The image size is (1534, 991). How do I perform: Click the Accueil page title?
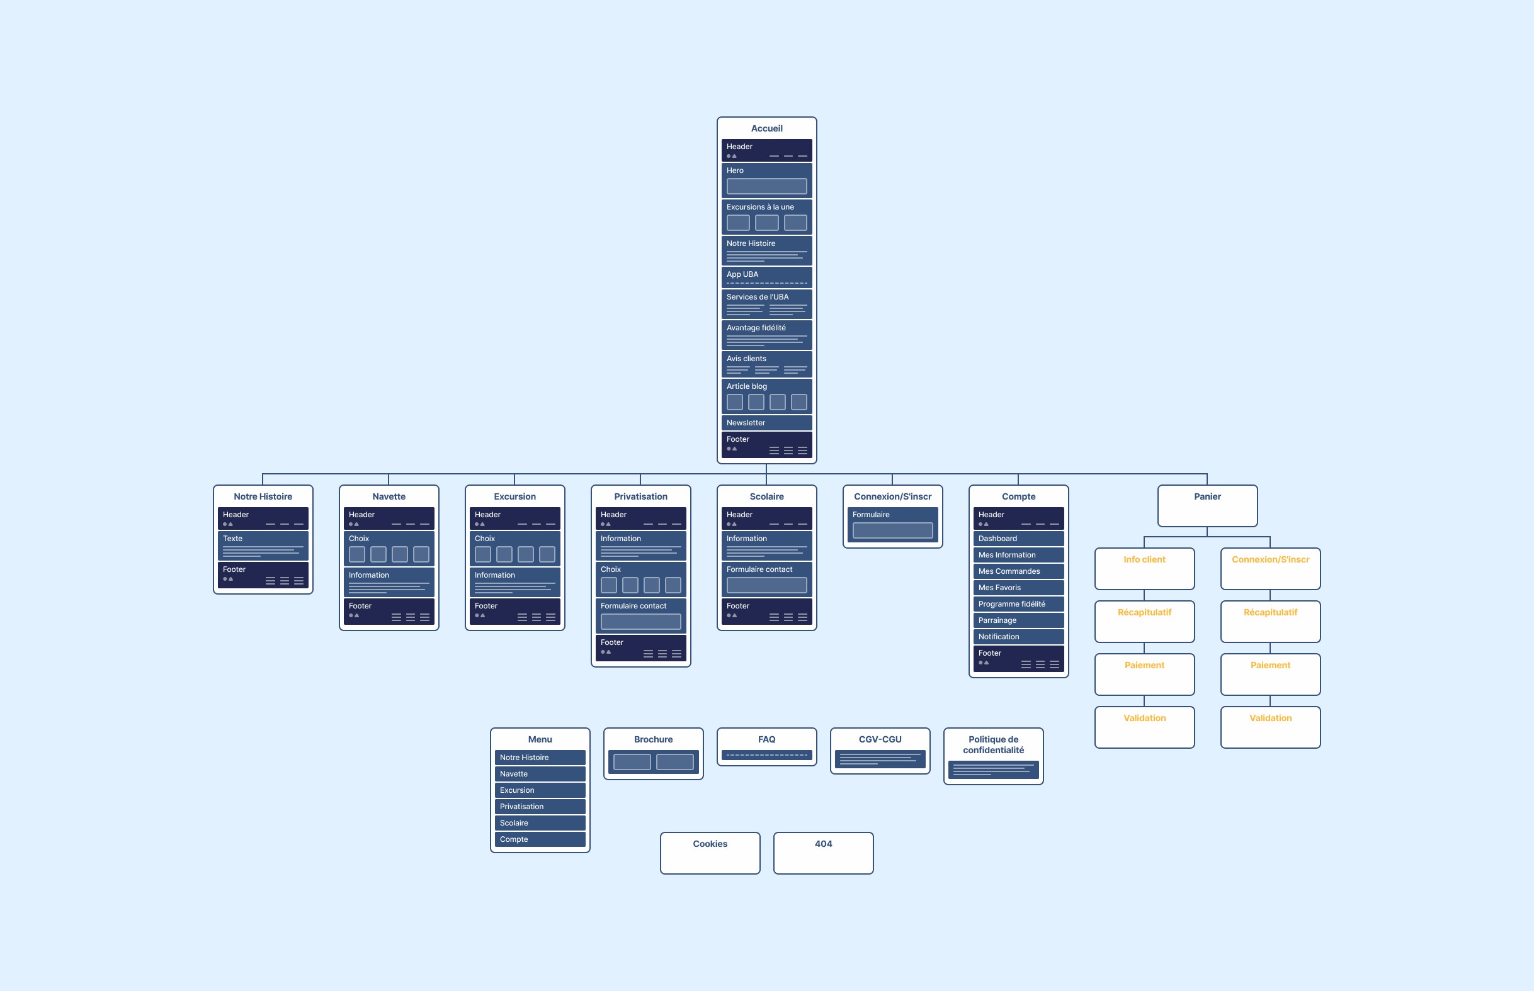766,129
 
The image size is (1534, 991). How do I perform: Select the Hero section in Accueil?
766,180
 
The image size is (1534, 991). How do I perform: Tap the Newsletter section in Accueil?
766,423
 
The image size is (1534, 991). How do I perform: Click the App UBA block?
766,277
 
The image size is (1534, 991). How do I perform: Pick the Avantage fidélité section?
766,334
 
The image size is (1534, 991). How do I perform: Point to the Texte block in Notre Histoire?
263,545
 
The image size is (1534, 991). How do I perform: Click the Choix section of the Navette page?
389,547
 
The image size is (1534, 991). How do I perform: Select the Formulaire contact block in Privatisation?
640,615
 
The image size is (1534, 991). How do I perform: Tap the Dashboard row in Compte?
1018,539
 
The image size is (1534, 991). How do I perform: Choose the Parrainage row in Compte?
1018,620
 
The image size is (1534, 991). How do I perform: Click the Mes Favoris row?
1018,588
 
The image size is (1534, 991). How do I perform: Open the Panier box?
1207,505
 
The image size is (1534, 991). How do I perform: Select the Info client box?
1144,568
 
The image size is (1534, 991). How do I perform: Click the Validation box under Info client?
1144,727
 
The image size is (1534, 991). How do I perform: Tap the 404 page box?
823,853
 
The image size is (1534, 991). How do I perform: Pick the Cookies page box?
710,853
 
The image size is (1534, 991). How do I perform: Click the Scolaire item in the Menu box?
540,823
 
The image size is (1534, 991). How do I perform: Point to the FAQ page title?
766,739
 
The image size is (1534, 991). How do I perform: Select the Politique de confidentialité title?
993,744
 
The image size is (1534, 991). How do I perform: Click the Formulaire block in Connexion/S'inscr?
892,525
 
